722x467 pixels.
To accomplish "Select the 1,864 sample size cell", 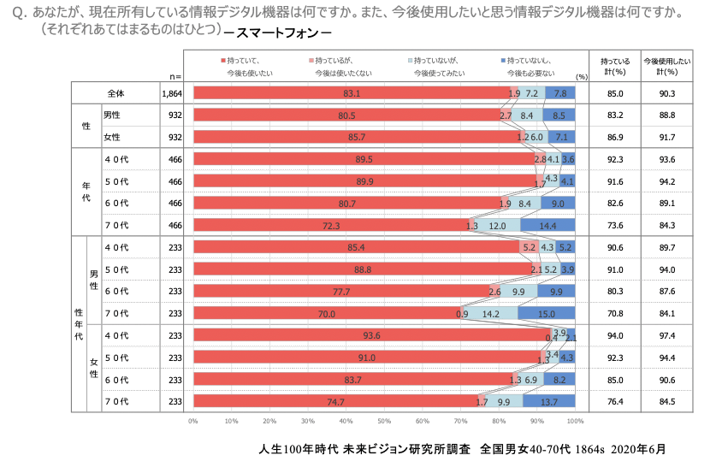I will click(172, 93).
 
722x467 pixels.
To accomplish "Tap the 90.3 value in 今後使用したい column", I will click(666, 93).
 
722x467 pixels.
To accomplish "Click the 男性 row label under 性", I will click(112, 115).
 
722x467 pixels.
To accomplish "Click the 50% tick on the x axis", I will click(384, 421).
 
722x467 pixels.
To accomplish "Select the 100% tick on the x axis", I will click(575, 421).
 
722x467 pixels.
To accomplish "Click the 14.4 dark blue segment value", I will click(547, 226).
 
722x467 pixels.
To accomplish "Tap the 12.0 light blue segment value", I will click(497, 226).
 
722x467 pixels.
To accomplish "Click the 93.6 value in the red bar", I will click(371, 335).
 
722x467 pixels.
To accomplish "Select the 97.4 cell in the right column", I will click(666, 335).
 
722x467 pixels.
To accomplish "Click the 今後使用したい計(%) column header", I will click(666, 66).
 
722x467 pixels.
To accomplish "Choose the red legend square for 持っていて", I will click(222, 61).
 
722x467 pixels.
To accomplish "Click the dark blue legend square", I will click(502, 61).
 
